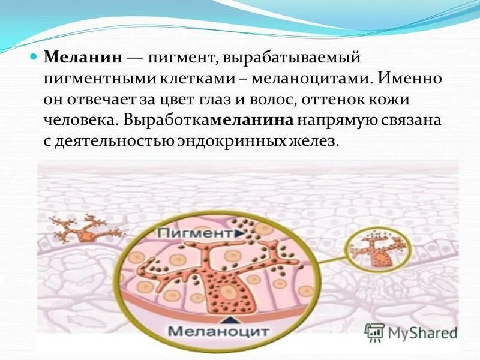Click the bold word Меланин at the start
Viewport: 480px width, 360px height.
(84, 58)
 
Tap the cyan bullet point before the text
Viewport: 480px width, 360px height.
(34, 58)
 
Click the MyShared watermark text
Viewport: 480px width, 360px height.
(422, 332)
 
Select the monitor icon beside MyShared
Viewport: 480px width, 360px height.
(374, 332)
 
